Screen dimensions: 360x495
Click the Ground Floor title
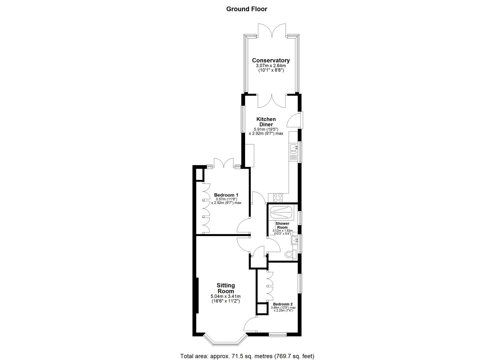click(x=247, y=9)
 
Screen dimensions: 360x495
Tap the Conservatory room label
click(x=271, y=60)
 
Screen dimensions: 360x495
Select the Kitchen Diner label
click(x=266, y=122)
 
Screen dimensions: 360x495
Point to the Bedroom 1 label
click(x=226, y=195)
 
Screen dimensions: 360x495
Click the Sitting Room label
click(x=226, y=288)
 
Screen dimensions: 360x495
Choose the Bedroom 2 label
click(x=283, y=304)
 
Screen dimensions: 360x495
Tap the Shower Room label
click(x=282, y=225)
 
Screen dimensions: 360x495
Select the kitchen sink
click(x=293, y=147)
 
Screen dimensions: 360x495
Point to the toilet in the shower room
click(x=290, y=255)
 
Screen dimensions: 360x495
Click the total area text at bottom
click(x=247, y=356)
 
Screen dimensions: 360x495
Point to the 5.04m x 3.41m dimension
click(x=225, y=296)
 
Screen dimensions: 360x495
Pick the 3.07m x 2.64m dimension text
click(x=271, y=66)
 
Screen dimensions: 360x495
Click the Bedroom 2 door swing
click(x=251, y=324)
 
